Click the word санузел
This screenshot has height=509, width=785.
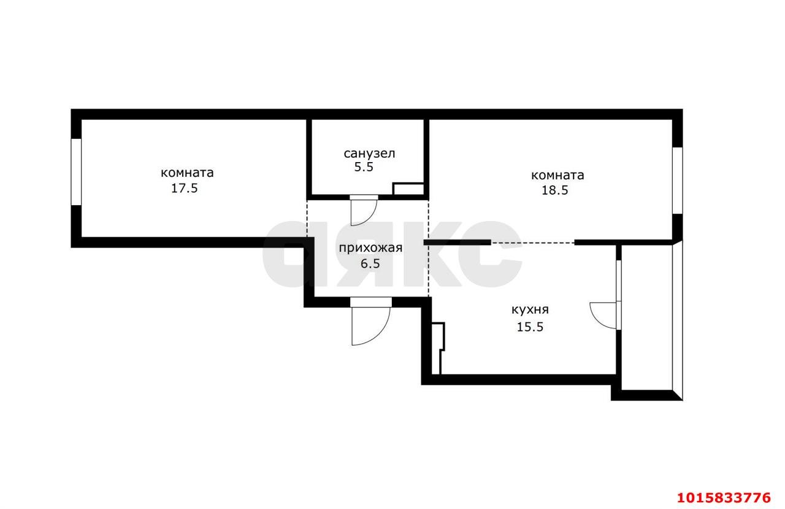(x=369, y=153)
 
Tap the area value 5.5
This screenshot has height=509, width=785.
(x=364, y=168)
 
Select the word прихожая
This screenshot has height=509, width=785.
(x=370, y=249)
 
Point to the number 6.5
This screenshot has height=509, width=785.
(x=370, y=263)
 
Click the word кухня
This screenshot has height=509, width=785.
(x=530, y=310)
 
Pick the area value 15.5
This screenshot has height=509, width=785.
(x=530, y=327)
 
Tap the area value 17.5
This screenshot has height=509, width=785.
(x=185, y=188)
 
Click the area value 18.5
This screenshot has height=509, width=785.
(x=555, y=190)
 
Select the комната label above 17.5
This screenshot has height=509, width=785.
(x=187, y=173)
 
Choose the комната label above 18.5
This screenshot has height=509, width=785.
(x=557, y=176)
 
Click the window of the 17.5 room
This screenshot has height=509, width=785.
(x=76, y=172)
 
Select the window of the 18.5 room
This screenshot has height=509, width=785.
(x=678, y=181)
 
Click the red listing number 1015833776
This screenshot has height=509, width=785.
(x=724, y=498)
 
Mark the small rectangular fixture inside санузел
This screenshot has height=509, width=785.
(x=408, y=188)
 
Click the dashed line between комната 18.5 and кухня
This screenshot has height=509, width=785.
(x=533, y=243)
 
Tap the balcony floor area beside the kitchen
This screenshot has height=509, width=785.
(x=647, y=317)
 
